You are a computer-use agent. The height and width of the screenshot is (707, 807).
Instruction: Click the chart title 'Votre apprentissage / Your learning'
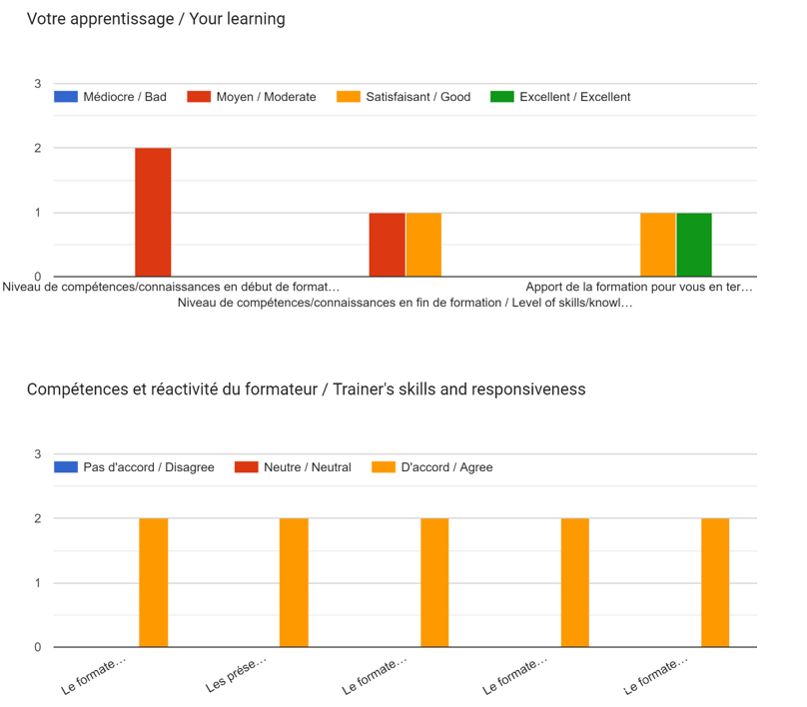coord(156,19)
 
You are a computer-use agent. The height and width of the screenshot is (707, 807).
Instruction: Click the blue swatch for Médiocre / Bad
coord(66,97)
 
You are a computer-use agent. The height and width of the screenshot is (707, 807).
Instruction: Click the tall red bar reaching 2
coord(153,212)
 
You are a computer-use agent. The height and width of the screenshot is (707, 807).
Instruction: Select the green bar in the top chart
coord(694,245)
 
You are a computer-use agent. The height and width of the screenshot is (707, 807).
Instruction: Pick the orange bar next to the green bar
coord(657,245)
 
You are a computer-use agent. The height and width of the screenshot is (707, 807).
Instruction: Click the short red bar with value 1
coord(387,245)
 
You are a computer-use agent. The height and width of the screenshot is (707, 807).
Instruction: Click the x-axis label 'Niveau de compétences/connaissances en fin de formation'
coord(404,303)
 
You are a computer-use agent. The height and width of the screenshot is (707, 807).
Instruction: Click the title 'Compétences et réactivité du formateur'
coord(306,388)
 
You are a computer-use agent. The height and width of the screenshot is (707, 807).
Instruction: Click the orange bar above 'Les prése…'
coord(294,582)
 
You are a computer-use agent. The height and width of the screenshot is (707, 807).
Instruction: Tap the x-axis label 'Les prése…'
coord(238,676)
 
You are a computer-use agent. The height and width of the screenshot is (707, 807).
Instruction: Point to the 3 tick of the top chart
coord(37,84)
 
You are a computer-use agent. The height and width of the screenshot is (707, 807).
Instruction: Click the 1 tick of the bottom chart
coord(37,583)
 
